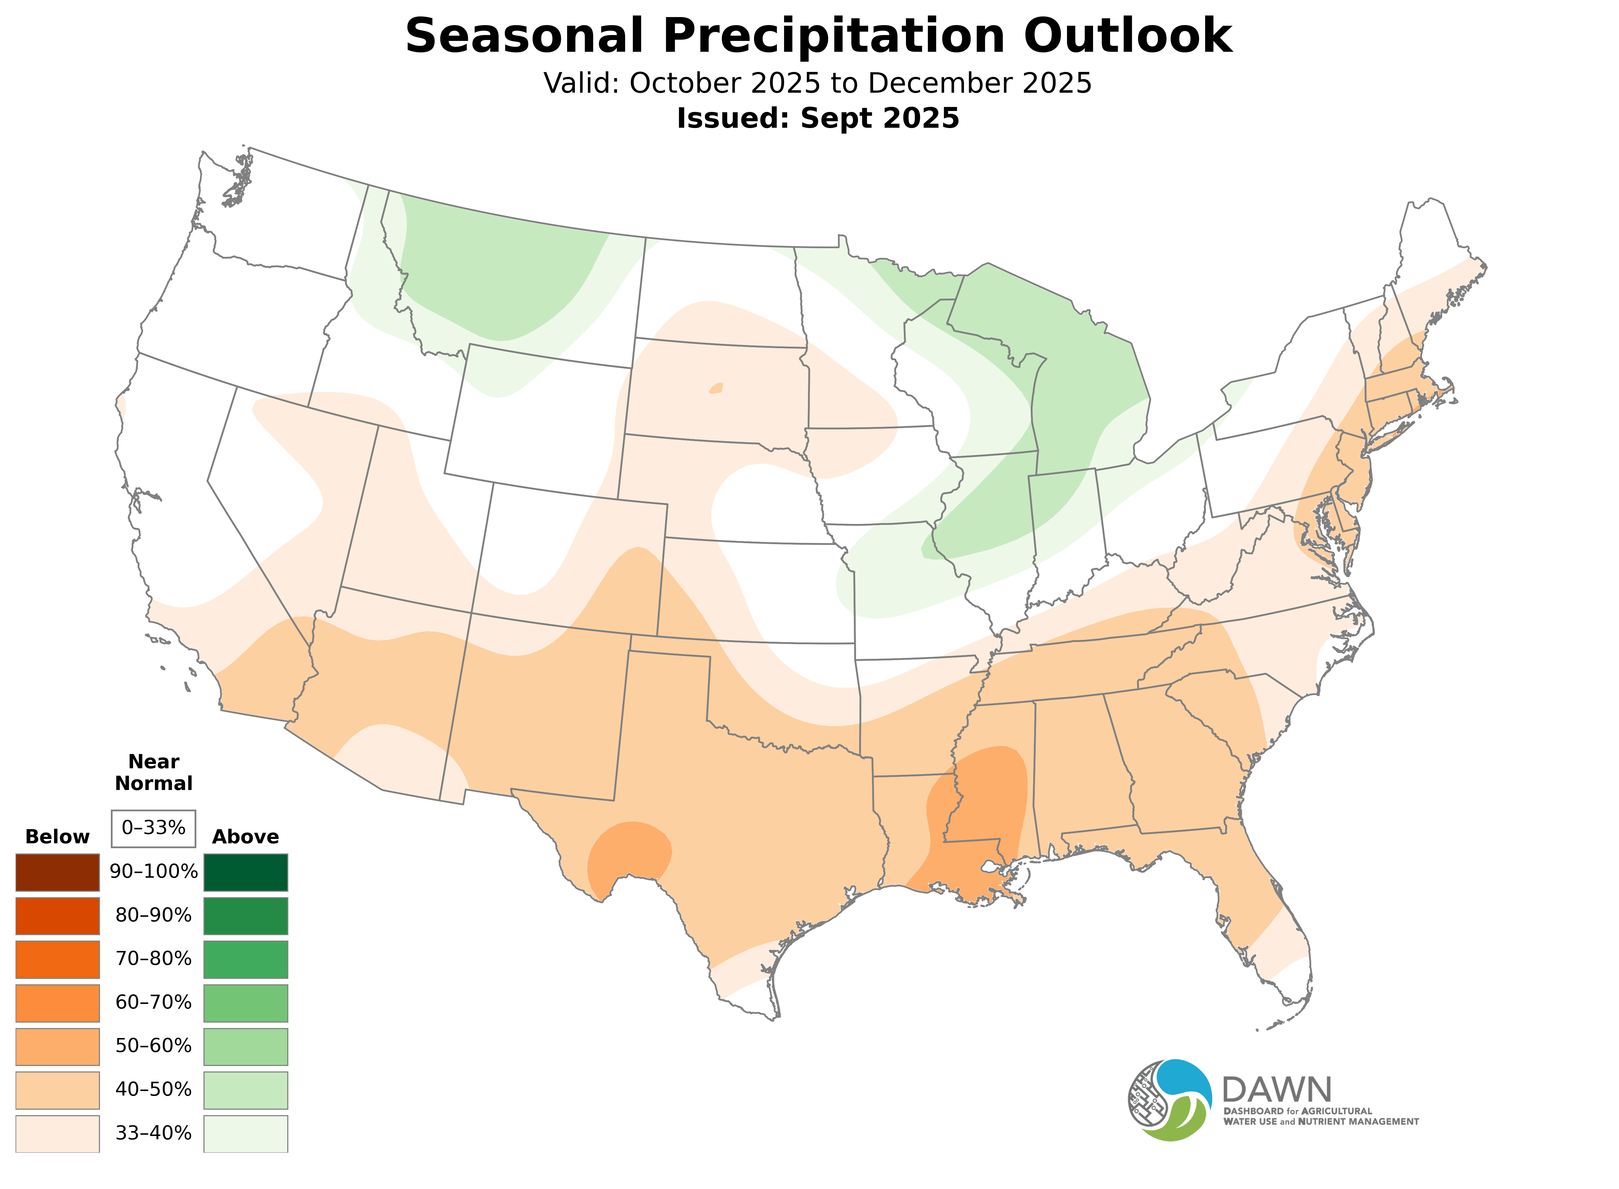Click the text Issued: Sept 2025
pyautogui.click(x=818, y=118)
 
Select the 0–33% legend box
pyautogui.click(x=153, y=828)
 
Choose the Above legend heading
pyautogui.click(x=246, y=837)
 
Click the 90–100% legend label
pyautogui.click(x=153, y=872)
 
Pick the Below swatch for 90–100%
pyautogui.click(x=58, y=872)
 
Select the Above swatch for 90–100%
pyautogui.click(x=246, y=872)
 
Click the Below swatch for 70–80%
pyautogui.click(x=58, y=959)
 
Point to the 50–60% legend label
pyautogui.click(x=153, y=1046)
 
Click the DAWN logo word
pyautogui.click(x=1276, y=1090)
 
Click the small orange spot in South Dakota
pyautogui.click(x=716, y=389)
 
